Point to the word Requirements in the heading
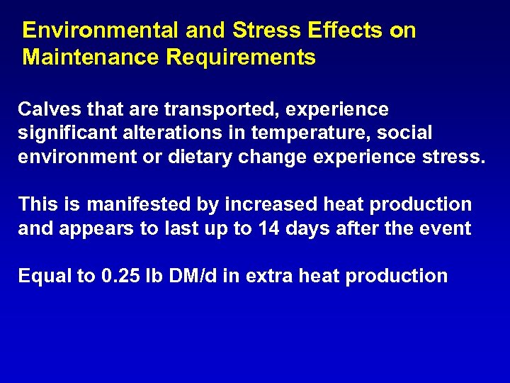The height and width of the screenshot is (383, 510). click(x=241, y=57)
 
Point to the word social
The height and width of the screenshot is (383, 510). click(x=407, y=133)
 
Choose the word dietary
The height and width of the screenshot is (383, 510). click(x=203, y=156)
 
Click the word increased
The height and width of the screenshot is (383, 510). click(x=271, y=204)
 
